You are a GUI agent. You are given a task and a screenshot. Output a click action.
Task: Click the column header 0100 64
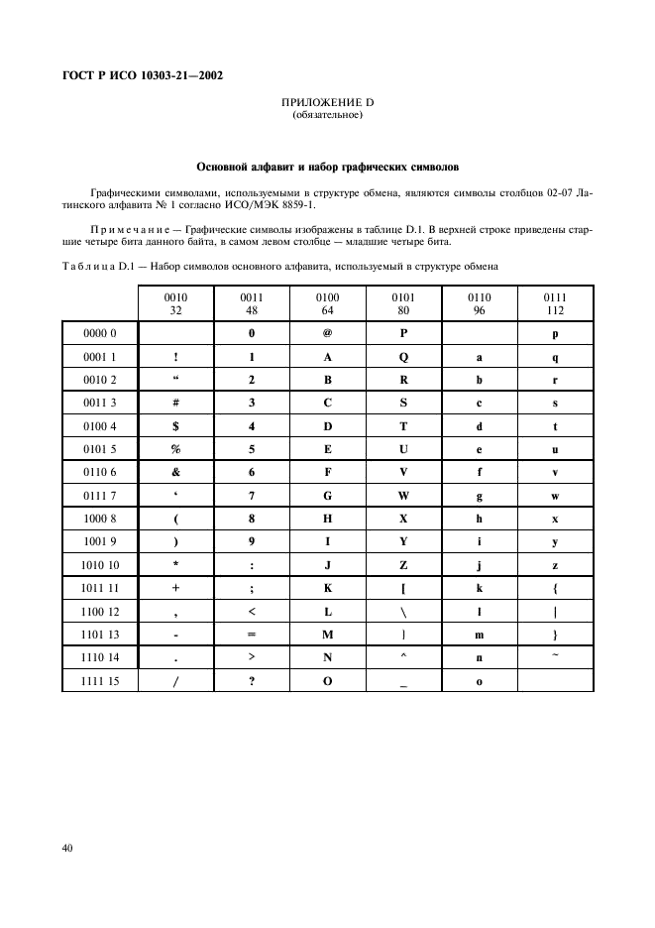(327, 302)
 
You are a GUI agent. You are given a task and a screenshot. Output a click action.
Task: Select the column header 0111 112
(555, 302)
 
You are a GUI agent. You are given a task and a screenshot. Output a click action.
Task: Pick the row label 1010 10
(99, 565)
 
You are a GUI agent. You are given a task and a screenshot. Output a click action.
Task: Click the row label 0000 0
(99, 334)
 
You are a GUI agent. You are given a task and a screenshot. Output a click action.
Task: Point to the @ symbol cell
(327, 334)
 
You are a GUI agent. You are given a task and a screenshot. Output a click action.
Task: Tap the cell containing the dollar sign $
(175, 426)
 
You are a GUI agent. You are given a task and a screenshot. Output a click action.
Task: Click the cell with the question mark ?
(252, 681)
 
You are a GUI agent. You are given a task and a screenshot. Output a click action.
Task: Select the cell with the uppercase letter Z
(403, 565)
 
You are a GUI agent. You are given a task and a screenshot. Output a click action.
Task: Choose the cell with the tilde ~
(555, 656)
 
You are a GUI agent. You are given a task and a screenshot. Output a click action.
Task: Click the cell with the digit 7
(252, 496)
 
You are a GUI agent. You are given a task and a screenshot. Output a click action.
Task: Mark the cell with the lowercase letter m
(479, 635)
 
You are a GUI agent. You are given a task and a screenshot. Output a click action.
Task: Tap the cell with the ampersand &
(175, 473)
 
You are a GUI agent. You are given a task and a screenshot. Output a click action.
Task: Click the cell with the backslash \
(403, 612)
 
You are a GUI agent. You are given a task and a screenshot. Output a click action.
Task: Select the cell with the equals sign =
(252, 635)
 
